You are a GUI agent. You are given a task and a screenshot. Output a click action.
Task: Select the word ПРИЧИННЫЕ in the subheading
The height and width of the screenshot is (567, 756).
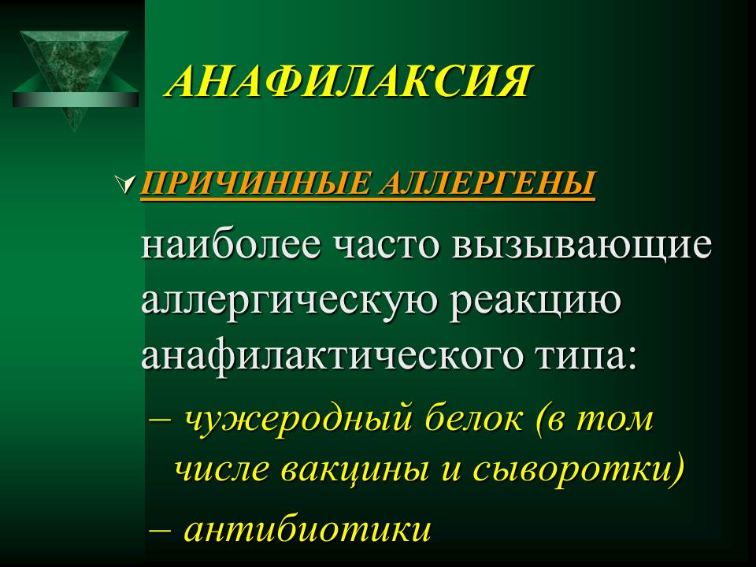[255, 183]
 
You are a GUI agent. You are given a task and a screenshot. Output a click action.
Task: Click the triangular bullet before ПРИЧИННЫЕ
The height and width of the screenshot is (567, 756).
[125, 184]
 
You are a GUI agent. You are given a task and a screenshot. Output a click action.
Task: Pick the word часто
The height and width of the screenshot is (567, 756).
[386, 246]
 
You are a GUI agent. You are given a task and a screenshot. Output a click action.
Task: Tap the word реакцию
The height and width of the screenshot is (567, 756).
[535, 302]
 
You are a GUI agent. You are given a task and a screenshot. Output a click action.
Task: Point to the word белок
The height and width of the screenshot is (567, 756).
[474, 417]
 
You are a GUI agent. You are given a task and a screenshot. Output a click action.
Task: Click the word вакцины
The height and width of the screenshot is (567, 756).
[355, 469]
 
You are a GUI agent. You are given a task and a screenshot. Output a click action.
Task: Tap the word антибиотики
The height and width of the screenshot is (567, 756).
[308, 529]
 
